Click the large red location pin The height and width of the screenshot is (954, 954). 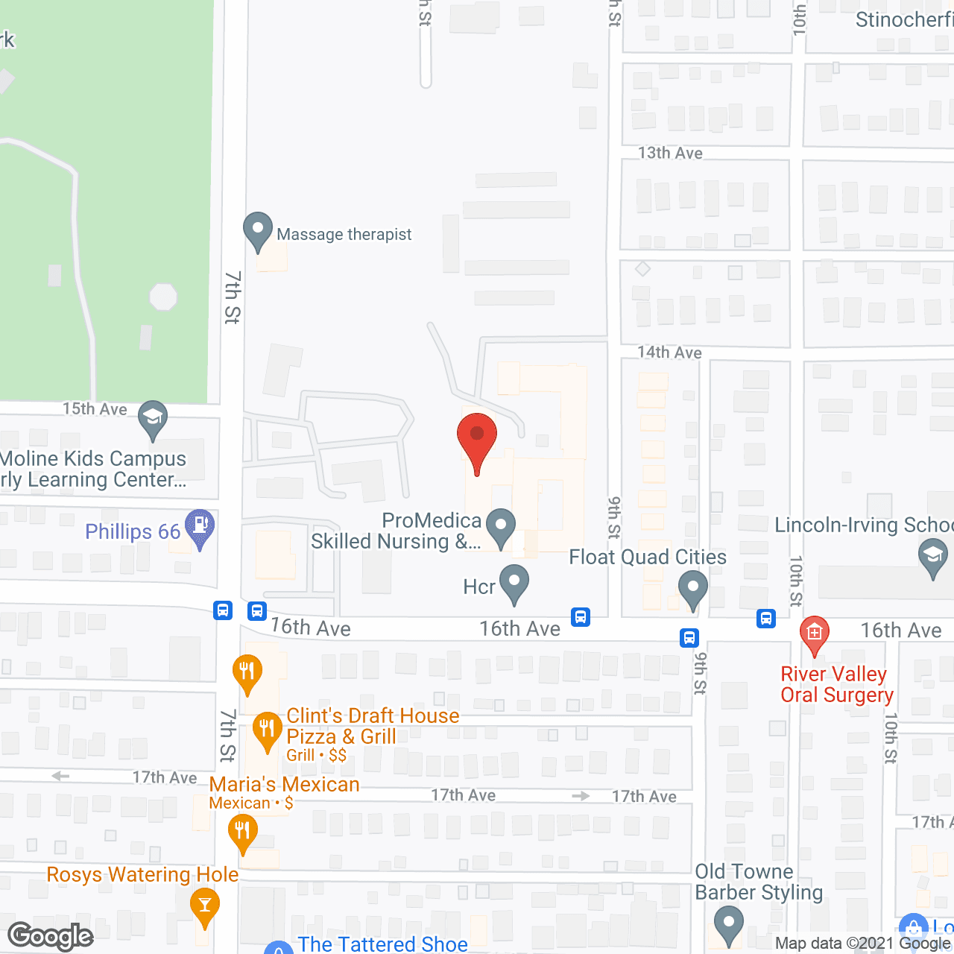coord(477,440)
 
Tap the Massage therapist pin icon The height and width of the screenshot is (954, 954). coord(258,231)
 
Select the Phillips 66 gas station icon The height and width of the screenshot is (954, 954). coord(199,528)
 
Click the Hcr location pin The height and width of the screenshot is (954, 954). coord(514,583)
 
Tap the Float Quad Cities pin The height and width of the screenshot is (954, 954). coord(693,589)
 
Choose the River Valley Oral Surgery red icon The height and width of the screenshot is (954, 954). coord(815,634)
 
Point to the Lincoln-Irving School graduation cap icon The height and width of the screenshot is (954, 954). coord(932,557)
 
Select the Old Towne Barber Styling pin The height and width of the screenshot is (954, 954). coord(728,924)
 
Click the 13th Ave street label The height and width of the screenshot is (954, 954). coord(670,153)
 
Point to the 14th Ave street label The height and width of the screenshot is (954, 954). coord(669,353)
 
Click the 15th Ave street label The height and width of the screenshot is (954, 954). coord(95,408)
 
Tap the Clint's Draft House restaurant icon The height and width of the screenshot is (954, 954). coord(267,730)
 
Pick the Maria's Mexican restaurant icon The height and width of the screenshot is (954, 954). coord(242,832)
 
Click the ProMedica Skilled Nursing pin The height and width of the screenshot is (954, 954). coord(501,526)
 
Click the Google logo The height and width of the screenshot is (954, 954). coord(51,936)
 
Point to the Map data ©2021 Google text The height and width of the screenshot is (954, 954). coord(863,944)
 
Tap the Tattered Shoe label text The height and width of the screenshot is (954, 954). coord(383,944)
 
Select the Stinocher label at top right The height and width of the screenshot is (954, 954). coord(904,19)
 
